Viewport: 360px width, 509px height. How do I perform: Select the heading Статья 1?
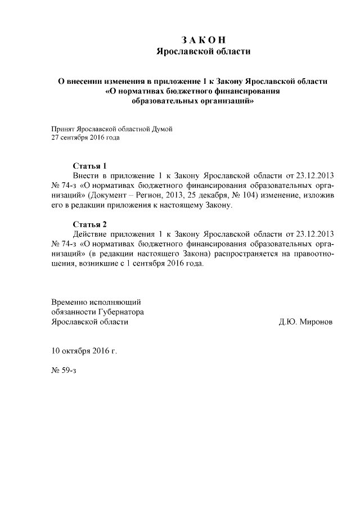pyautogui.click(x=90, y=166)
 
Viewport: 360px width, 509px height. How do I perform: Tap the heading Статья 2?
pyautogui.click(x=90, y=224)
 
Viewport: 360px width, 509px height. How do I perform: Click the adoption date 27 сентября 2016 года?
pyautogui.click(x=85, y=137)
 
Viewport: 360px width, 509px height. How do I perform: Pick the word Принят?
pyautogui.click(x=62, y=128)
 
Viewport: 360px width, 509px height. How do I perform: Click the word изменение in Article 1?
pyautogui.click(x=277, y=196)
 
